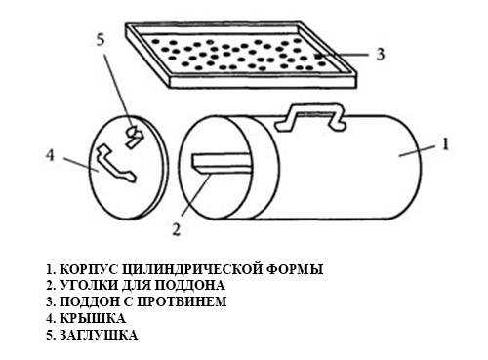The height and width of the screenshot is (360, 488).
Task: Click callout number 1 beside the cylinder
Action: coord(445,143)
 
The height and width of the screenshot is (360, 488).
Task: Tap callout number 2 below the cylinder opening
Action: coord(176,229)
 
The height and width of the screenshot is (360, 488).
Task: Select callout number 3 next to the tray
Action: coord(380,54)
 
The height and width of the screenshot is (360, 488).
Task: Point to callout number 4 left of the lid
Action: coord(50,155)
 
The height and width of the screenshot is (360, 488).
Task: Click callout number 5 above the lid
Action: coord(101,40)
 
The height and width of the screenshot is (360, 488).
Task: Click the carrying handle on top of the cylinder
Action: coord(309,113)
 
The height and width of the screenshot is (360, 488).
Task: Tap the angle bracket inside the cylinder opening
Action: coord(222,162)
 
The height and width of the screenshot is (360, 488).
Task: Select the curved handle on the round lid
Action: coord(115,164)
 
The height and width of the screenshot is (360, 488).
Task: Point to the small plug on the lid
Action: coord(134,137)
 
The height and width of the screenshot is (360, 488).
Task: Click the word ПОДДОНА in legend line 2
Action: coord(189,286)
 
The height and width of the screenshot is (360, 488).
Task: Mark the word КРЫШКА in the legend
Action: coord(93,318)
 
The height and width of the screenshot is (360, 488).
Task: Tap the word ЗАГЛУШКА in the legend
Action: coord(99,335)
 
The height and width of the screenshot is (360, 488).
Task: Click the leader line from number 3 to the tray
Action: coord(344,55)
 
